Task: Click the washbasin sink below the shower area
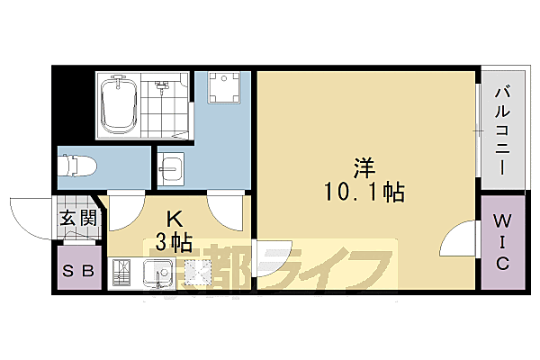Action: [170, 168]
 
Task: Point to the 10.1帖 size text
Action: [364, 192]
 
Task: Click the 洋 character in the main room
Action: [364, 167]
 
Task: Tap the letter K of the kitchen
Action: [176, 217]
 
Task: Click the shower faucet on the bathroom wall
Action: [162, 87]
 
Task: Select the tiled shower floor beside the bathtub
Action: [170, 112]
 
